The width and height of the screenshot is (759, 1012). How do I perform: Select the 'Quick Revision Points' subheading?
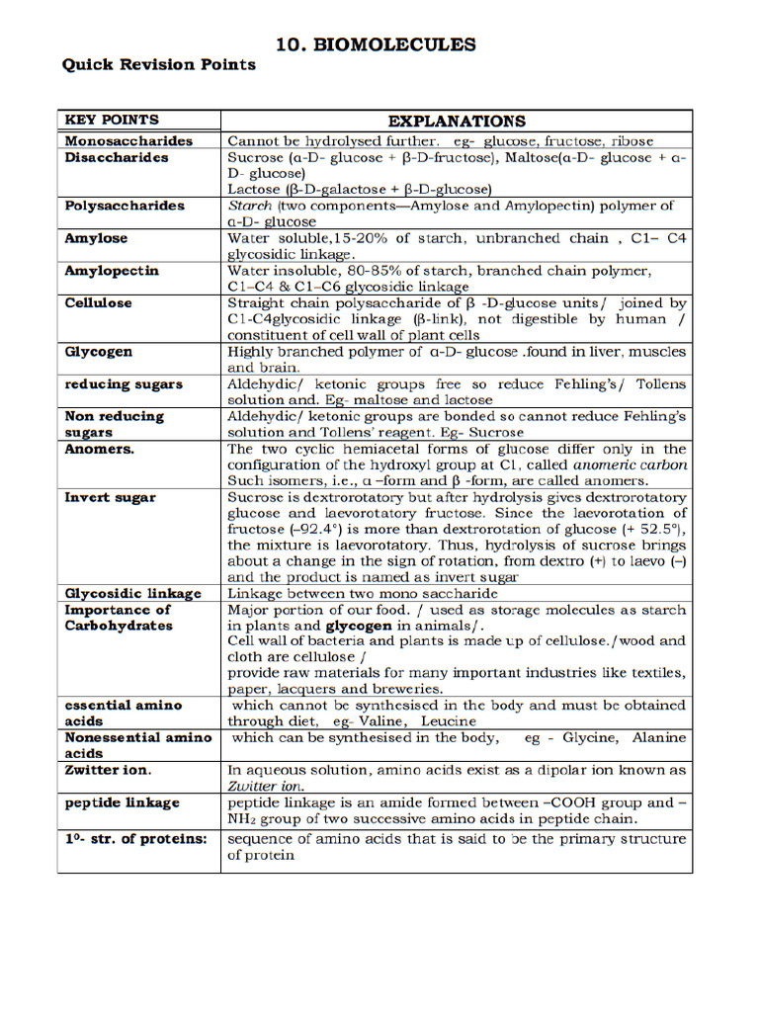tap(159, 65)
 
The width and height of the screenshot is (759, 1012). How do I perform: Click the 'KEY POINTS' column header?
tap(112, 120)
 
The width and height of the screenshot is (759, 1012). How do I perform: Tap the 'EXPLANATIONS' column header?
tap(457, 121)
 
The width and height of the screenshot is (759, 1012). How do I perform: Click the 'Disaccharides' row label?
tap(117, 157)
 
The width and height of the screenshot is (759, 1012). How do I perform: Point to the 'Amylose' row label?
tap(96, 238)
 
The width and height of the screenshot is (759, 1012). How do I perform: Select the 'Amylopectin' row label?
tap(112, 271)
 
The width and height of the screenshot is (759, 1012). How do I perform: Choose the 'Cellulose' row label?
tap(98, 302)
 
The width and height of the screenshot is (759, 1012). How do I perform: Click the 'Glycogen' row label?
tap(98, 352)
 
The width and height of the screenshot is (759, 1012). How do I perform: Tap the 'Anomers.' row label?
tap(100, 449)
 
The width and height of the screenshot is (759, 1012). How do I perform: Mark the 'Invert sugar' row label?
tap(110, 497)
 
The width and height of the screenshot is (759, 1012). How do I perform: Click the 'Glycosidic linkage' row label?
tap(133, 593)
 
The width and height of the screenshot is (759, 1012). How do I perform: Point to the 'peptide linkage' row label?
tap(123, 802)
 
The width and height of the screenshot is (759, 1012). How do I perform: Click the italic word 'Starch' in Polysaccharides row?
tap(249, 206)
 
